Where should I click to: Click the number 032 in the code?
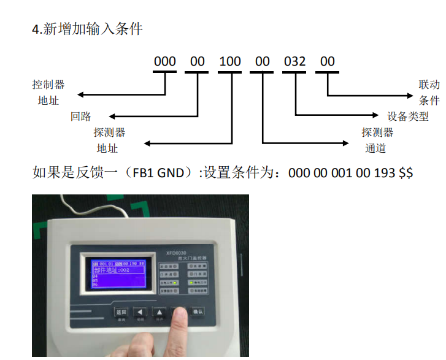point(294,62)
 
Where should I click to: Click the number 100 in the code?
point(230,62)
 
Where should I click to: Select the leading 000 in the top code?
point(165,62)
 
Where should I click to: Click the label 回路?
point(80,116)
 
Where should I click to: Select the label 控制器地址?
point(48,92)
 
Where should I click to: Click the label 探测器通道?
point(377,140)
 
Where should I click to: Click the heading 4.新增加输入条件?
point(87,29)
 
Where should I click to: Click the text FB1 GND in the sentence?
point(158,173)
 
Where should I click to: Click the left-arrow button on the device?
point(140,311)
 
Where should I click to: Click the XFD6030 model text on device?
point(175,251)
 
